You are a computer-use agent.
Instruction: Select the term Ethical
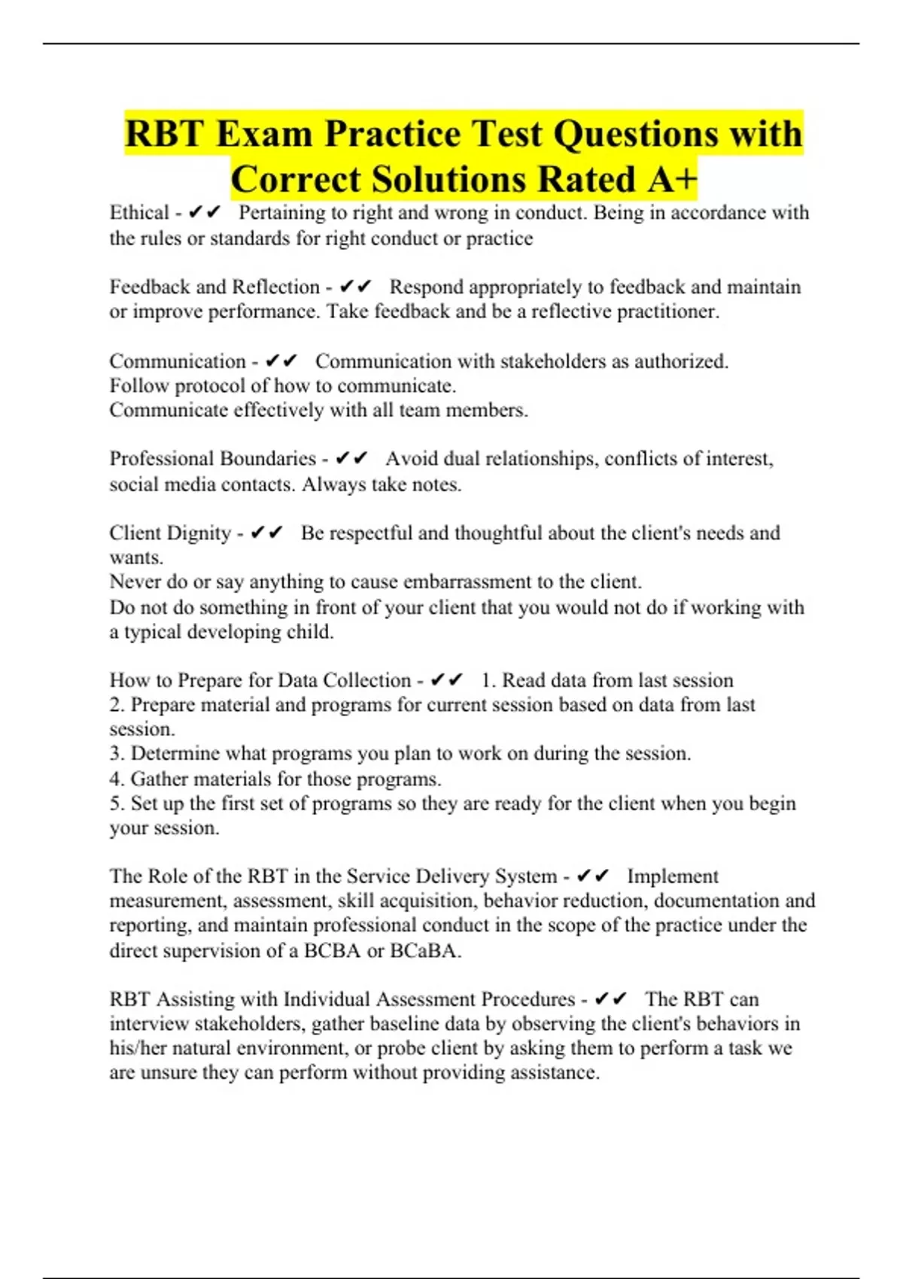point(139,213)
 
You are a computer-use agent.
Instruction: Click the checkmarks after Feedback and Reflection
point(355,287)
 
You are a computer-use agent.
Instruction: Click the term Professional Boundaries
point(213,459)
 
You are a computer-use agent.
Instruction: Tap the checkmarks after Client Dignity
point(266,533)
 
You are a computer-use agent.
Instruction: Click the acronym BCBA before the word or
point(332,951)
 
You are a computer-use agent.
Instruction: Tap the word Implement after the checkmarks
point(673,876)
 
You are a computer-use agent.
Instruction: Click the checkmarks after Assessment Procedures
point(610,999)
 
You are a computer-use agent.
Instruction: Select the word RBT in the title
point(164,134)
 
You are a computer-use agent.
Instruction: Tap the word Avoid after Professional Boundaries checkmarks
point(412,459)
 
